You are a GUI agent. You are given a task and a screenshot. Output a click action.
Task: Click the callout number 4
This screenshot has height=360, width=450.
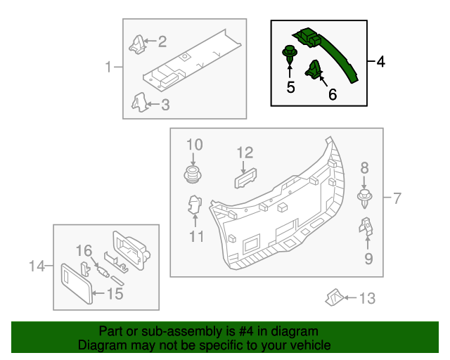pyautogui.click(x=380, y=63)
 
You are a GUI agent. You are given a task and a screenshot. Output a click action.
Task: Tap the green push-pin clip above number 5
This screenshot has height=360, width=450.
pyautogui.click(x=288, y=53)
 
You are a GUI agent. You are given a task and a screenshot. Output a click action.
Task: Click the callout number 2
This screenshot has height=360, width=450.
pyautogui.click(x=162, y=42)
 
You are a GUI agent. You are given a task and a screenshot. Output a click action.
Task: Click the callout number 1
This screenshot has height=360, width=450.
pyautogui.click(x=109, y=67)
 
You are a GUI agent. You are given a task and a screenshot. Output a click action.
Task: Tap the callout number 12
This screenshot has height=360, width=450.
pyautogui.click(x=244, y=152)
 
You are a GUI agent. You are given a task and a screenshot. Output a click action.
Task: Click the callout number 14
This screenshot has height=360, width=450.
pyautogui.click(x=37, y=266)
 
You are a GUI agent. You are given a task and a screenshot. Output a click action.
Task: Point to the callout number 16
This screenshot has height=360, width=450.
pyautogui.click(x=84, y=250)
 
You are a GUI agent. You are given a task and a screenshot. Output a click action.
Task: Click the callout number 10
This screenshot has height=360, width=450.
pyautogui.click(x=194, y=145)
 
